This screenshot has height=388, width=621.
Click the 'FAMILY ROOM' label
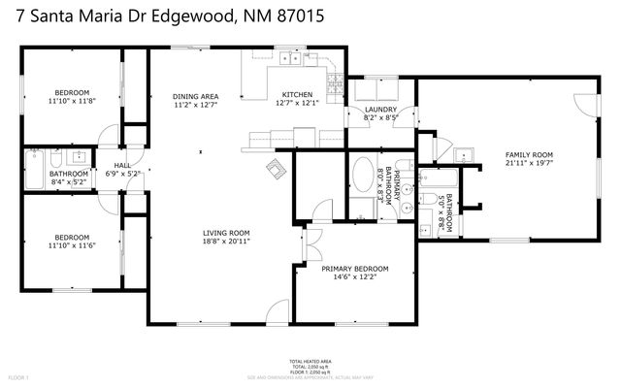point(528,155)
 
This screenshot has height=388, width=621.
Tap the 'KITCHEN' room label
point(297,94)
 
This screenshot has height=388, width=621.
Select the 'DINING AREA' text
point(195,96)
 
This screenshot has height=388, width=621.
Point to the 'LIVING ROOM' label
point(226,233)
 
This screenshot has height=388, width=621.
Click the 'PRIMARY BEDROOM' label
point(355,269)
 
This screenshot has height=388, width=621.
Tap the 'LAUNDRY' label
point(380,111)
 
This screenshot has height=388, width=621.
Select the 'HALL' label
point(122,166)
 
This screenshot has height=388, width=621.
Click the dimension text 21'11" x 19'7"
point(528,164)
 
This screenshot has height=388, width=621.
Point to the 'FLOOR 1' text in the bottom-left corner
point(19,375)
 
